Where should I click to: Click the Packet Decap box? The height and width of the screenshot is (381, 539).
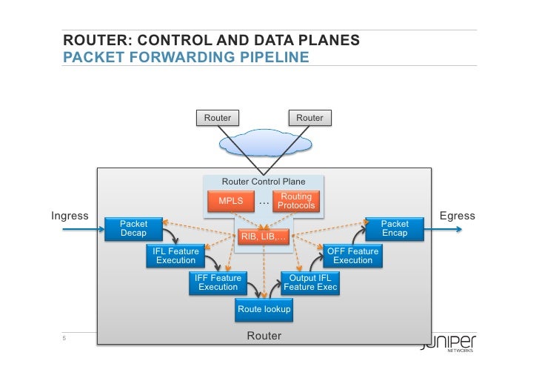pyautogui.click(x=133, y=228)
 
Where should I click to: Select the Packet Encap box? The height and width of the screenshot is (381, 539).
pyautogui.click(x=394, y=228)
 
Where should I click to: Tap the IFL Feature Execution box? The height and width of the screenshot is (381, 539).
pyautogui.click(x=175, y=256)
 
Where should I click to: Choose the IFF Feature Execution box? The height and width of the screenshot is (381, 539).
pyautogui.click(x=218, y=282)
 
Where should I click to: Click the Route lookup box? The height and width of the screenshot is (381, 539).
pyautogui.click(x=264, y=309)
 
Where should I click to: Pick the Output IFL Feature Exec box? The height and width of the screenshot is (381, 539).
pyautogui.click(x=309, y=282)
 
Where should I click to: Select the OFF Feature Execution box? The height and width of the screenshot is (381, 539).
pyautogui.click(x=352, y=256)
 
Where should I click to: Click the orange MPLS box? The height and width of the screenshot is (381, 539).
pyautogui.click(x=230, y=201)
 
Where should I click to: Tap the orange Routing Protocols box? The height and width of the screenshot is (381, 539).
pyautogui.click(x=296, y=201)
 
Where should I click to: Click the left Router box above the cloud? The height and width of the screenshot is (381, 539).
pyautogui.click(x=217, y=118)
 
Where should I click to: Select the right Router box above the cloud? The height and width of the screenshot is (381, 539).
pyautogui.click(x=309, y=118)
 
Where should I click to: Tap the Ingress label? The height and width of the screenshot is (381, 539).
pyautogui.click(x=70, y=216)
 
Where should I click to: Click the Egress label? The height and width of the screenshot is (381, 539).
pyautogui.click(x=457, y=216)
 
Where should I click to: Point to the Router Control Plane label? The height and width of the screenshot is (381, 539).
pyautogui.click(x=264, y=182)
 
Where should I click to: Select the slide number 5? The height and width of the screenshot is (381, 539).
pyautogui.click(x=64, y=339)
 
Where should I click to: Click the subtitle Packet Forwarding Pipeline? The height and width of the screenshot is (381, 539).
pyautogui.click(x=185, y=56)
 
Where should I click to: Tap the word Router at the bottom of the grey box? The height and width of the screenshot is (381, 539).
pyautogui.click(x=264, y=336)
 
